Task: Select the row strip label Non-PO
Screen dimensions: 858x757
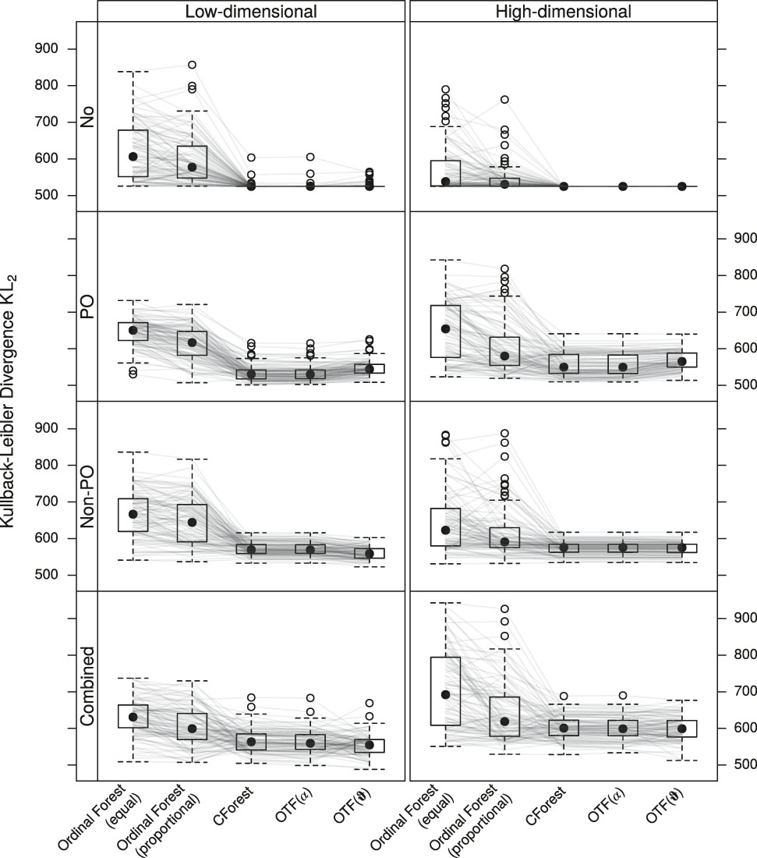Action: tap(87, 496)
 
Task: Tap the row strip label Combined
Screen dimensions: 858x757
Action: tap(87, 686)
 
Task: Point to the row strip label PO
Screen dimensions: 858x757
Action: tap(87, 307)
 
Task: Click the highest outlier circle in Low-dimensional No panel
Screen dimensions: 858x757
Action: tap(192, 65)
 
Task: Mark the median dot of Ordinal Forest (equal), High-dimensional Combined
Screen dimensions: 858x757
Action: tap(445, 694)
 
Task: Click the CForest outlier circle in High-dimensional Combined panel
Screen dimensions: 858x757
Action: tap(564, 696)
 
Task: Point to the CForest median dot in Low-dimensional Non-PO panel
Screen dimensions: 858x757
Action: tap(251, 549)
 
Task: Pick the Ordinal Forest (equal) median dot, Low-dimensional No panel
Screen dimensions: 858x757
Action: tap(133, 157)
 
